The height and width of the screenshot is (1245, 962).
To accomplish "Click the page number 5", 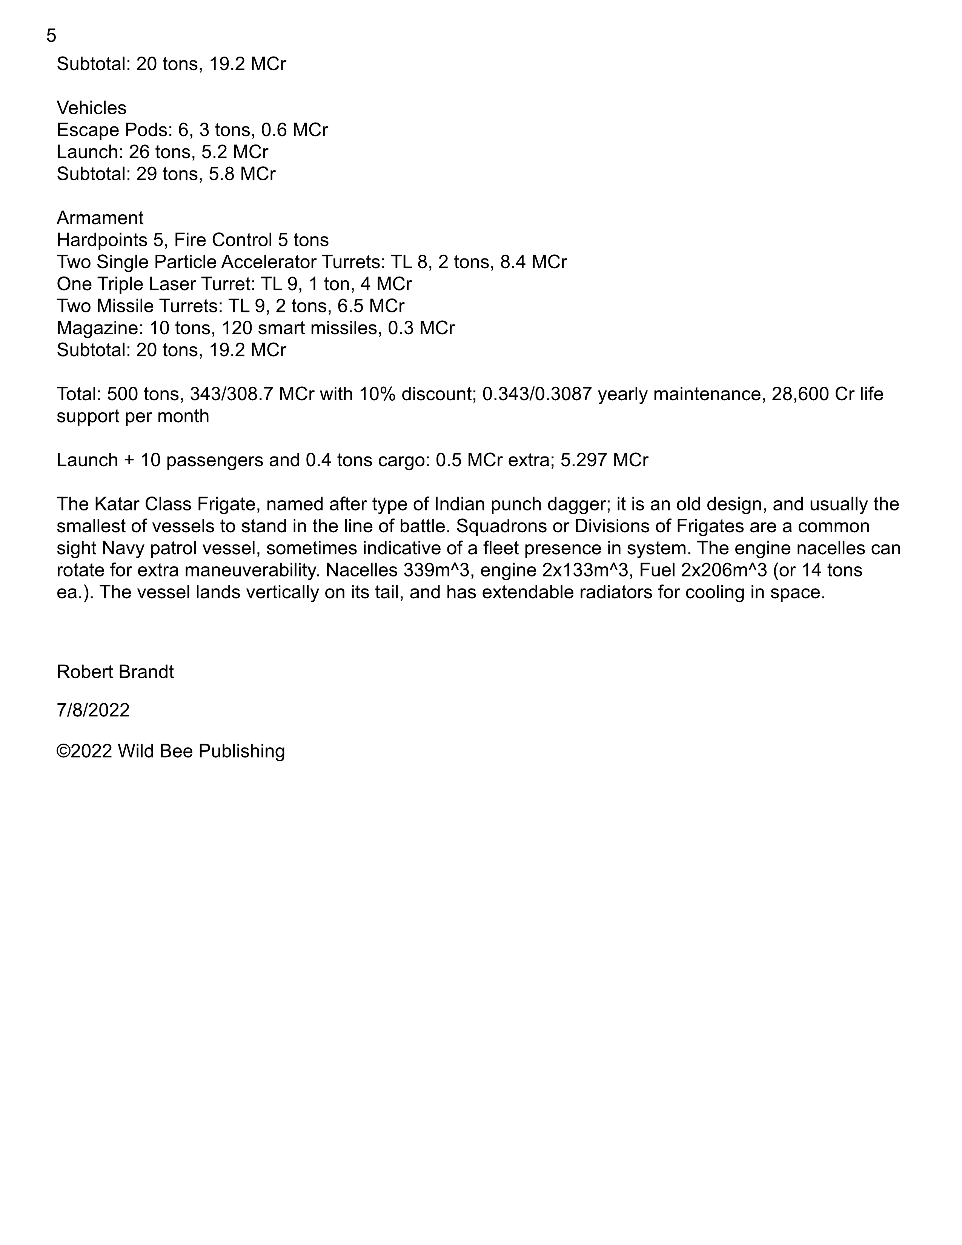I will [x=51, y=36].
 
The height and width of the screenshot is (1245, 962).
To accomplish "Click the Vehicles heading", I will [x=91, y=108].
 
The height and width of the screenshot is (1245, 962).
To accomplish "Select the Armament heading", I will [x=100, y=218].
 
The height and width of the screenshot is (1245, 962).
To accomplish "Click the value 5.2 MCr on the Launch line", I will [x=235, y=152].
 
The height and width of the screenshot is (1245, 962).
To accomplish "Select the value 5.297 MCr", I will [x=604, y=460].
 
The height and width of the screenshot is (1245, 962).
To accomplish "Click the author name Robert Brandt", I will [x=115, y=672].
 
